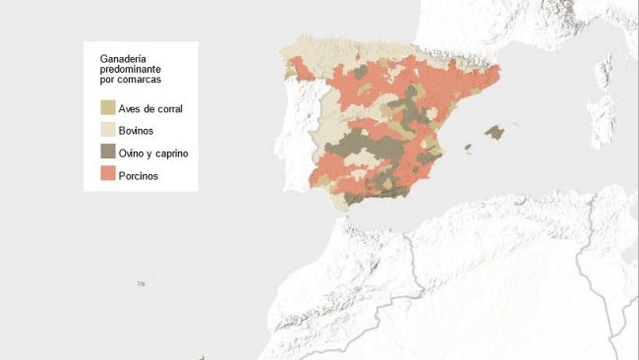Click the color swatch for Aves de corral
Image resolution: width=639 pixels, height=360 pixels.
coord(108,106)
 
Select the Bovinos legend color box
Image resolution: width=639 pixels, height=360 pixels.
coord(108,130)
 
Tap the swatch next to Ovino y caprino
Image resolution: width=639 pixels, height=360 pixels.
coord(108,152)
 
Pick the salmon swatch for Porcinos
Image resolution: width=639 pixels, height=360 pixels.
coord(108,176)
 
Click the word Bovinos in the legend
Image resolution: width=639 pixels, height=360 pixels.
coord(136,131)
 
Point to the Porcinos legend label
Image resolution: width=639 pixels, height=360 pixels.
coord(139,177)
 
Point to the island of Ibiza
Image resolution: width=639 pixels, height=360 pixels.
coord(468,150)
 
